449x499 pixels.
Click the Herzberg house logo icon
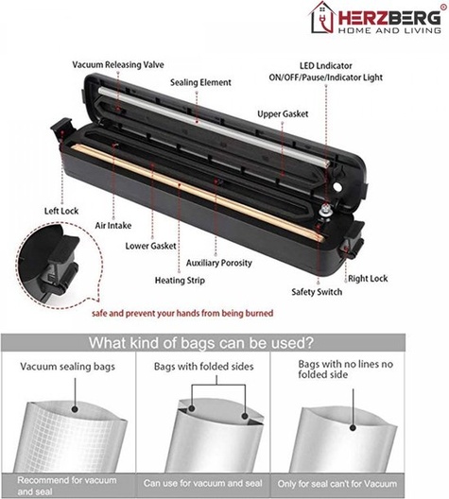322,18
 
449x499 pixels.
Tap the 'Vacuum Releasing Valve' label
118,65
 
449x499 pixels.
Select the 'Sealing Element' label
200,83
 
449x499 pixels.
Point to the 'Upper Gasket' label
283,114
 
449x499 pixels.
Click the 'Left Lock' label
61,211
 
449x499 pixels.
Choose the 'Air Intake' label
113,226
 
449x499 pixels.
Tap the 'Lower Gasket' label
150,246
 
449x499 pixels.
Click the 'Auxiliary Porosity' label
219,263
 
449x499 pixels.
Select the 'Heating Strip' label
180,281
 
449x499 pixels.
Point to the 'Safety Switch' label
317,292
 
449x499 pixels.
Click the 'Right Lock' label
368,279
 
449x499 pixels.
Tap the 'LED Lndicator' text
326,66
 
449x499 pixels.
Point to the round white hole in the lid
337,187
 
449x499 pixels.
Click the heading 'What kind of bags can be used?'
201,343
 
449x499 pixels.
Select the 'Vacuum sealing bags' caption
67,367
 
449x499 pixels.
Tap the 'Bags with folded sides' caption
203,367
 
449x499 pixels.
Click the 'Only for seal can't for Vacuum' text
337,484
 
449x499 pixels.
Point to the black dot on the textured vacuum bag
75,408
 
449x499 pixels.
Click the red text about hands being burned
182,314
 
